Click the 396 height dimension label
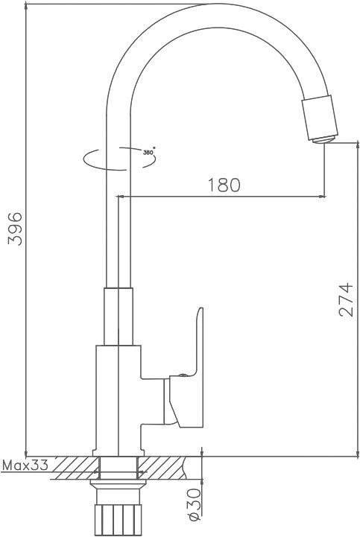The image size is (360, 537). click(x=16, y=229)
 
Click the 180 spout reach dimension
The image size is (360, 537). click(x=224, y=185)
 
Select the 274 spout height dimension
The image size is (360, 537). click(x=345, y=299)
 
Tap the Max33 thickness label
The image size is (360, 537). click(x=25, y=465)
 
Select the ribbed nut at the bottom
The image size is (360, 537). click(x=118, y=520)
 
